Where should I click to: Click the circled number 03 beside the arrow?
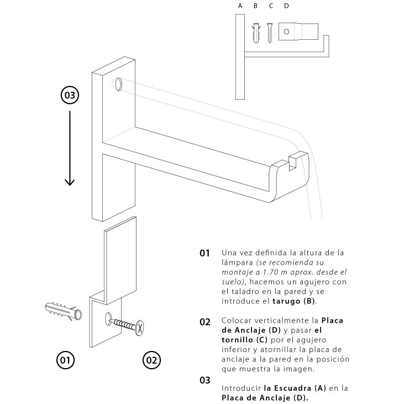(x=70, y=95)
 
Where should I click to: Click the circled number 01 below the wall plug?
(x=65, y=360)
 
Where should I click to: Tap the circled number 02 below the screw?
(x=151, y=360)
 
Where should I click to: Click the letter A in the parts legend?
(x=240, y=6)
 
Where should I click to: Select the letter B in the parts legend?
(x=255, y=6)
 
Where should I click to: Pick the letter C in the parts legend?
(x=271, y=6)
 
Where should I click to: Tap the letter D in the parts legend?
(x=286, y=6)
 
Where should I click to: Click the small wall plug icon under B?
(x=256, y=33)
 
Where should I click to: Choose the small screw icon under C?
(x=270, y=33)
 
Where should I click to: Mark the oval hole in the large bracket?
(x=118, y=84)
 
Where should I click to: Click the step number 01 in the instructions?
(x=205, y=253)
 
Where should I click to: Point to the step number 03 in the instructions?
(x=205, y=380)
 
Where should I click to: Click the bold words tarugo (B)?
(x=295, y=301)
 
